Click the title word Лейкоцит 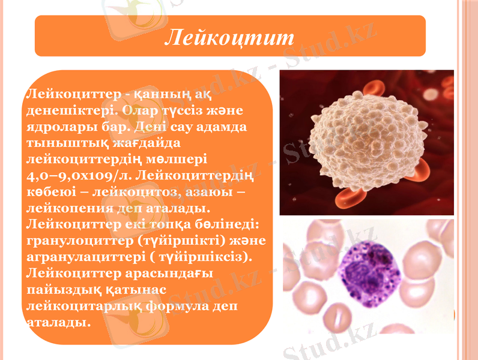[x=230, y=37]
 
